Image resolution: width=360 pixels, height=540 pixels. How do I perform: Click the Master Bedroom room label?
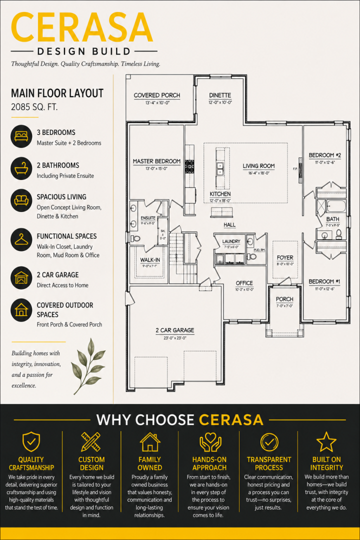pyautogui.click(x=156, y=161)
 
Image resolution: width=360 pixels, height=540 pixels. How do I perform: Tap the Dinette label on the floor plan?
pyautogui.click(x=220, y=95)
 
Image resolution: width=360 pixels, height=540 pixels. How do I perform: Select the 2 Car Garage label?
pyautogui.click(x=175, y=330)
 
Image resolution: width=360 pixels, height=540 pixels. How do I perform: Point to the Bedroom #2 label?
pyautogui.click(x=325, y=155)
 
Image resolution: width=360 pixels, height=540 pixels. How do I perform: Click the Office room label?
pyautogui.click(x=244, y=283)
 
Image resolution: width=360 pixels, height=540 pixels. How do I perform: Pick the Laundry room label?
pyautogui.click(x=231, y=241)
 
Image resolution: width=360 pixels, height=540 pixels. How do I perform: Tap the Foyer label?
pyautogui.click(x=285, y=257)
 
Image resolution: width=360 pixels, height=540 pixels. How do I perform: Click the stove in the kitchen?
pyautogui.click(x=189, y=166)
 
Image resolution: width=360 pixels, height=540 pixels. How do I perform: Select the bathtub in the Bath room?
pyautogui.click(x=336, y=206)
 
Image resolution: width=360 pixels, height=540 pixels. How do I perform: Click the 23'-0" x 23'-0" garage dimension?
pyautogui.click(x=175, y=338)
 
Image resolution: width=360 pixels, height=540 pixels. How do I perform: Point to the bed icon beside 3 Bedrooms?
pyautogui.click(x=21, y=136)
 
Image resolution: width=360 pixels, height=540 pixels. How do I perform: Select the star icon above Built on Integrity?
pyautogui.click(x=326, y=442)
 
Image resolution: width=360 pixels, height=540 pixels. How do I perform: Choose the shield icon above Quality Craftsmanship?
pyautogui.click(x=31, y=441)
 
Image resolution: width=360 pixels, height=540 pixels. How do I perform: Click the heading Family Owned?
pyautogui.click(x=150, y=463)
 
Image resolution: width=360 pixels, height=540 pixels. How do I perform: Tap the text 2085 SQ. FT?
pyautogui.click(x=34, y=107)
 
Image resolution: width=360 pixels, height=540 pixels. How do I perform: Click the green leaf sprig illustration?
pyautogui.click(x=88, y=362)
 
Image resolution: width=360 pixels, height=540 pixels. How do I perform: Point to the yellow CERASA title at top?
pyautogui.click(x=82, y=27)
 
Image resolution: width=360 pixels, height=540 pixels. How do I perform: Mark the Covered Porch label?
pyautogui.click(x=157, y=95)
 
